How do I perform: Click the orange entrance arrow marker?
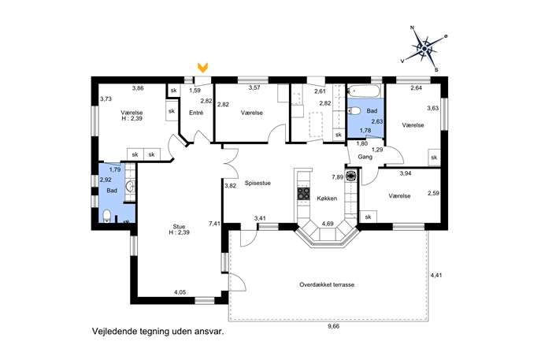[x=203, y=67]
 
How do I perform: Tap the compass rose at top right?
[x=424, y=49]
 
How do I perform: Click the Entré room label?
[x=196, y=113]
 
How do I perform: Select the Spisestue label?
[x=258, y=183]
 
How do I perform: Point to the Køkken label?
[x=327, y=199]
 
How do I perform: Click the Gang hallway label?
[x=365, y=157]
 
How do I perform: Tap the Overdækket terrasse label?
[x=327, y=284]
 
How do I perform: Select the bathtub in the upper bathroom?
[x=364, y=91]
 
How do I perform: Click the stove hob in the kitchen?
[x=304, y=193]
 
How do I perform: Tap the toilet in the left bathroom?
[x=106, y=216]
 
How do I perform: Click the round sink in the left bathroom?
[x=131, y=187]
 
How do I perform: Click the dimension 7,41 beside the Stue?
[x=214, y=224]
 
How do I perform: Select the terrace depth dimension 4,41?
[x=436, y=276]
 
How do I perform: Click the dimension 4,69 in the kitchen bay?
[x=328, y=224]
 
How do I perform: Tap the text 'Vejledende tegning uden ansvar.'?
[x=158, y=332]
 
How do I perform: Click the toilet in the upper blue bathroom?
[x=354, y=111]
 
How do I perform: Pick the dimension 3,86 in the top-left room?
[x=138, y=88]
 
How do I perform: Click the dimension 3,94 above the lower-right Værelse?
[x=406, y=173]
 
